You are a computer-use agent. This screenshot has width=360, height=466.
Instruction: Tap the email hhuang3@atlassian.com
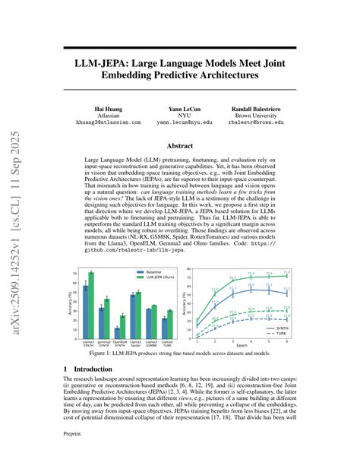tap(108, 122)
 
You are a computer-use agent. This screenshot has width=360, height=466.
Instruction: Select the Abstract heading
tap(180, 144)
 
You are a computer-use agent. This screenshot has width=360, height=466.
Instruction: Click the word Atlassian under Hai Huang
tap(108, 116)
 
